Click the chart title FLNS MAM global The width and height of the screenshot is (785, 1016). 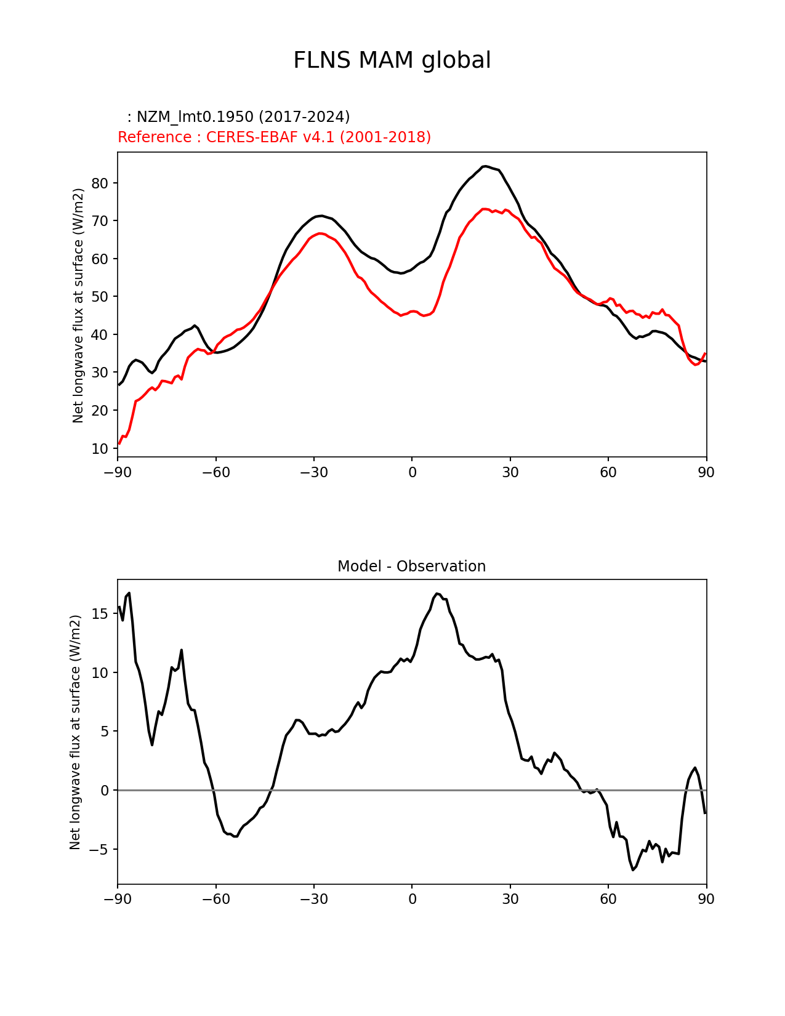[x=392, y=61]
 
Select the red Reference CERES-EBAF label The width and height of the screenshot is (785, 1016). [x=274, y=137]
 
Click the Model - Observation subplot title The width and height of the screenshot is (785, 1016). [x=411, y=566]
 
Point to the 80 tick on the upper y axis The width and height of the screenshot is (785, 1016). [x=100, y=183]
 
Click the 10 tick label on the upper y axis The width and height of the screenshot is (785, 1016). [x=100, y=449]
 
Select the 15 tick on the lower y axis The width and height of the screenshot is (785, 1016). [x=100, y=614]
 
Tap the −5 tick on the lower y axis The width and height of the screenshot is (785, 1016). [x=97, y=850]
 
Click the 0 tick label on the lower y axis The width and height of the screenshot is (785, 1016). [x=104, y=791]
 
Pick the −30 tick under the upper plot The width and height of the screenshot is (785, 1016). [x=313, y=473]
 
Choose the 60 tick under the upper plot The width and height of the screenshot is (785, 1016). [x=608, y=473]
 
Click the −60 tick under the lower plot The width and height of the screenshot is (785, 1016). [x=215, y=900]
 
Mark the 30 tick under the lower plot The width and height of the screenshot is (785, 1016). [x=510, y=900]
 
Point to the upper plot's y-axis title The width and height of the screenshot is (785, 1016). [x=78, y=305]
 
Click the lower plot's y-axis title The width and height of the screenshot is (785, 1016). [x=75, y=732]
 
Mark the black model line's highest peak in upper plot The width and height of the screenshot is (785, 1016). [x=485, y=166]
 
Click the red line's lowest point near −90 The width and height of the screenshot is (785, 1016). [x=119, y=443]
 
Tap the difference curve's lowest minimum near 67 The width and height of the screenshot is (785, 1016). [x=632, y=869]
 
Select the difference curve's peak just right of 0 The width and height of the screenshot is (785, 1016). [x=437, y=594]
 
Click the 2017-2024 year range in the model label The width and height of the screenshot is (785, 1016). [x=304, y=117]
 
